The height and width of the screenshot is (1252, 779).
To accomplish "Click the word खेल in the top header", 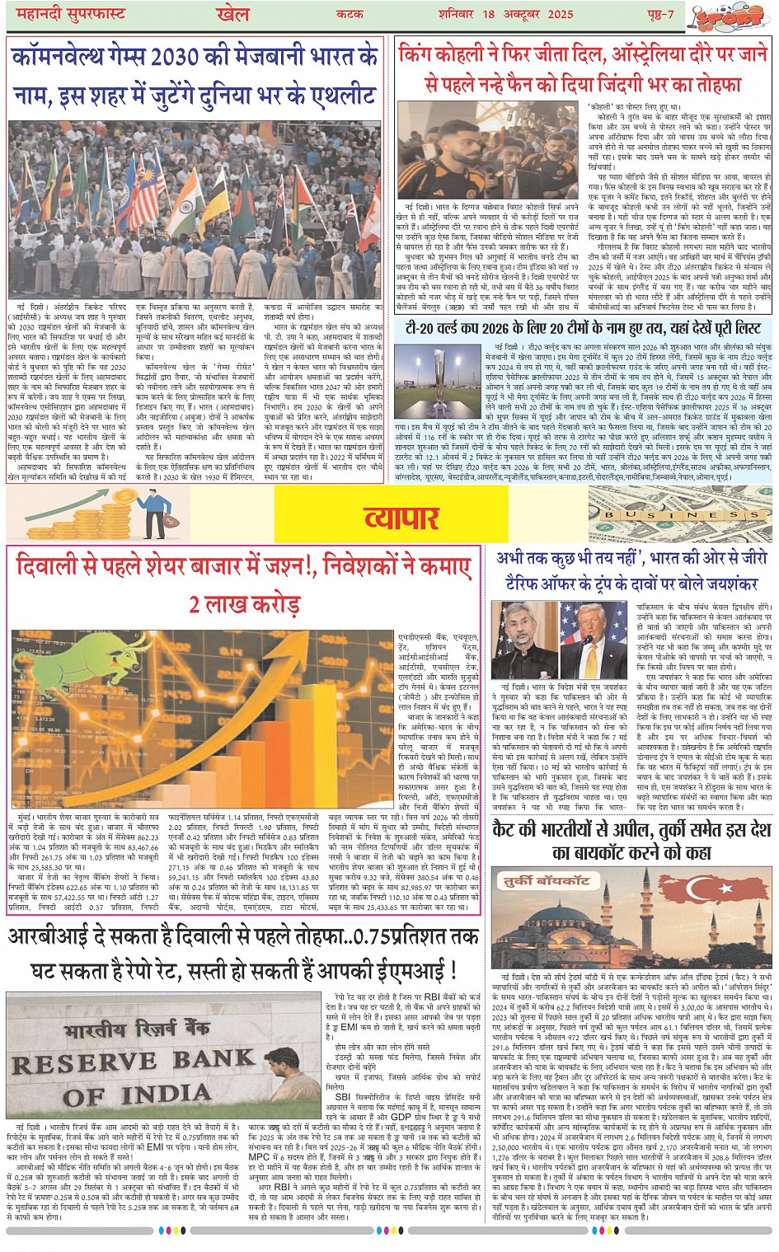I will [x=232, y=14].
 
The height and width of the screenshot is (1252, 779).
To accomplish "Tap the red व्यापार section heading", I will [x=401, y=518].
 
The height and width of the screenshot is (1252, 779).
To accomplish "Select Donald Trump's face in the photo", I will [x=594, y=629].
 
